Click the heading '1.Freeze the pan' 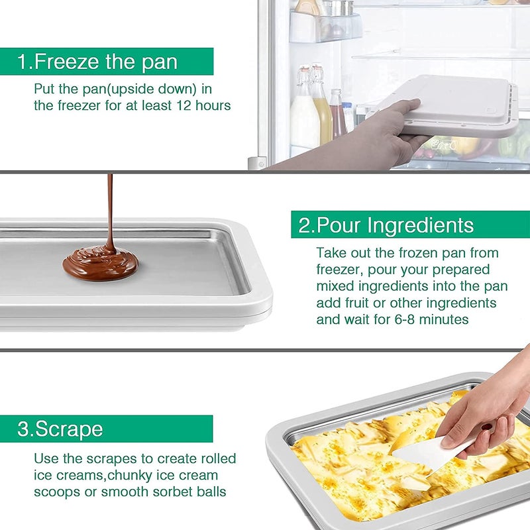(98, 62)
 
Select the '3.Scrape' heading (60, 429)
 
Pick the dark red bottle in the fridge (337, 116)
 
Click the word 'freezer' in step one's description (62, 105)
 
